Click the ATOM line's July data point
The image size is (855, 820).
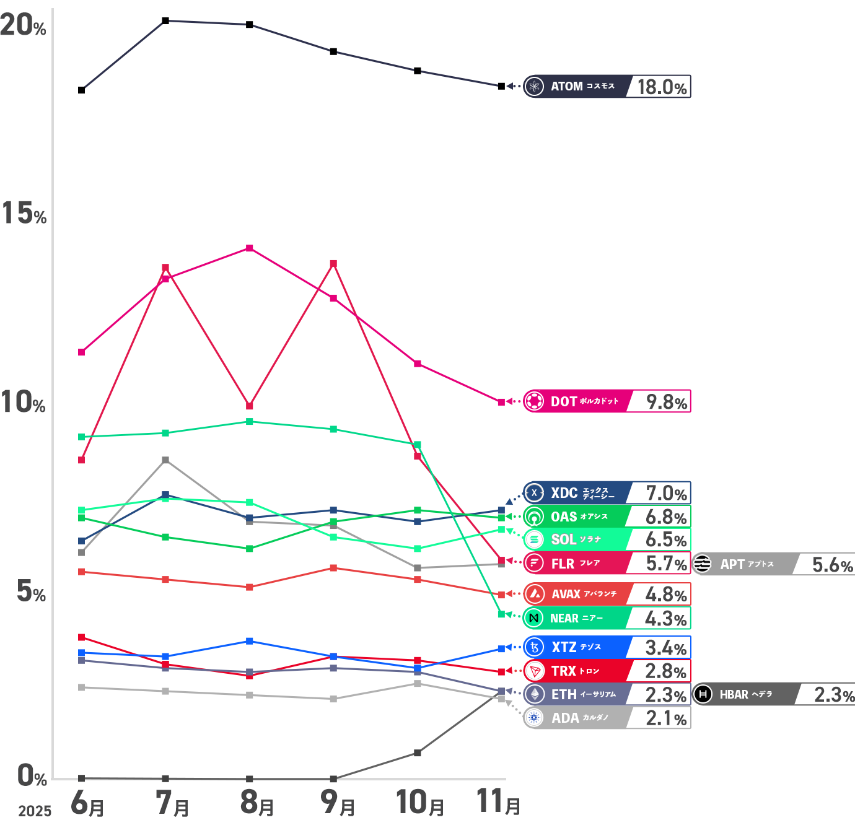pos(165,21)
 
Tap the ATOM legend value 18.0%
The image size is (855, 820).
pos(662,87)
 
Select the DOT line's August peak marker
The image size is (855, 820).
pos(249,248)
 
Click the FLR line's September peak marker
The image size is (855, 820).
pos(333,264)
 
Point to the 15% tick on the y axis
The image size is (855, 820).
pos(24,214)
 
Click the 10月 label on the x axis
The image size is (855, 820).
pos(420,803)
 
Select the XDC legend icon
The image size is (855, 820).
pos(535,493)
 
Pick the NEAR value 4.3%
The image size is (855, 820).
pos(665,619)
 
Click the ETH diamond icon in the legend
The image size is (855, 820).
pos(535,694)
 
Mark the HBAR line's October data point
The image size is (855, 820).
pos(418,753)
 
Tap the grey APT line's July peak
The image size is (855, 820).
pos(165,460)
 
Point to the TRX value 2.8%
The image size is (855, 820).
pos(665,671)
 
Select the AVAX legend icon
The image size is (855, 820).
pos(535,594)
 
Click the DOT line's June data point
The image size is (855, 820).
pos(81,352)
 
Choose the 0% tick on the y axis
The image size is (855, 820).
pos(24,776)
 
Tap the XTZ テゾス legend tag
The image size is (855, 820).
pos(576,647)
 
